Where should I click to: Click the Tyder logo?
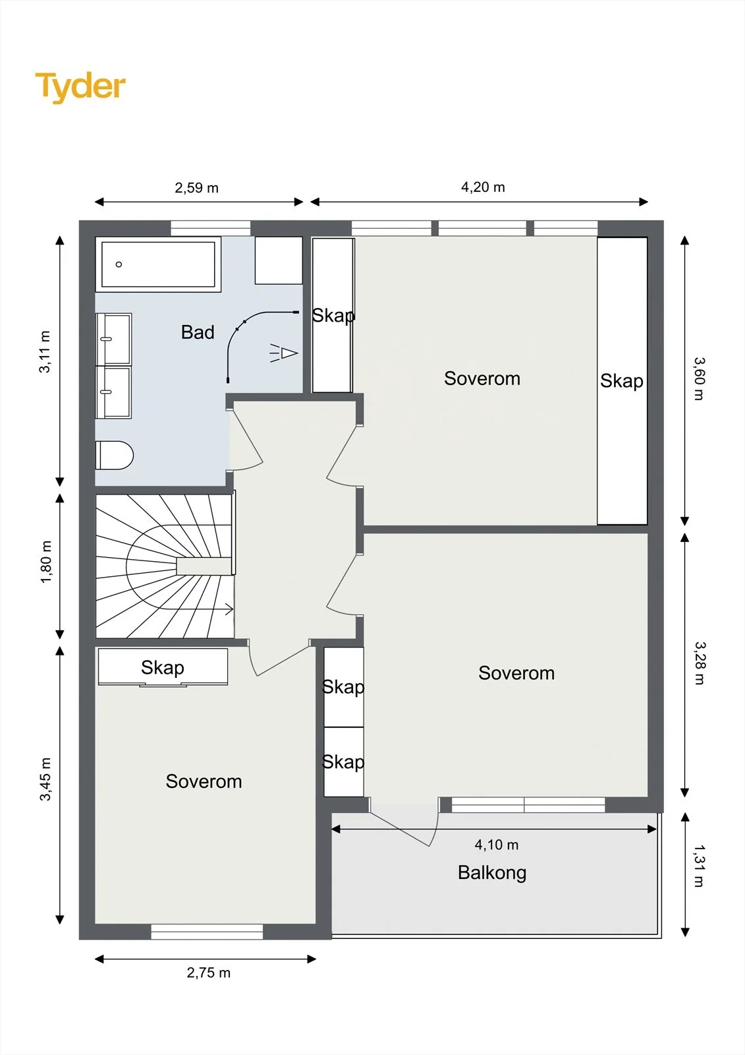[80, 87]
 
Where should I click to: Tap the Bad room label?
[198, 332]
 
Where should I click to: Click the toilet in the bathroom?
[115, 456]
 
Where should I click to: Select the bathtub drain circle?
[119, 264]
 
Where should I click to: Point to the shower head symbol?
[285, 353]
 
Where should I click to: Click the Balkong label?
[492, 873]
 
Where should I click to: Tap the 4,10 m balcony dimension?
[497, 845]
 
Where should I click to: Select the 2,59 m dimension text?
[197, 188]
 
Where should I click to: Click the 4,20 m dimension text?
[483, 187]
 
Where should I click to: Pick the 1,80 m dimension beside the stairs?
[45, 562]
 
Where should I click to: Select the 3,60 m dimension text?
[700, 378]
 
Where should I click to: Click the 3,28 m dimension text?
[700, 663]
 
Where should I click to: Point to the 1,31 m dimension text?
[700, 866]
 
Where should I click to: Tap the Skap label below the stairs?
[162, 667]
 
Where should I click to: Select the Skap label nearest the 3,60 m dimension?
[622, 380]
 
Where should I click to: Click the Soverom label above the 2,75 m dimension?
[204, 781]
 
